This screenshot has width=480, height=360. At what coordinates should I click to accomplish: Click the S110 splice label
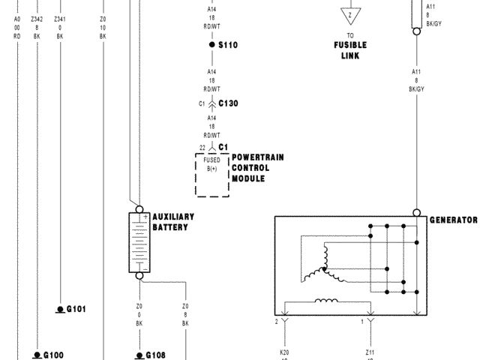pyautogui.click(x=228, y=46)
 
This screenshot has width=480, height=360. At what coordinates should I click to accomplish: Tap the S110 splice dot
pyautogui.click(x=212, y=46)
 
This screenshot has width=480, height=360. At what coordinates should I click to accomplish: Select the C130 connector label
pyautogui.click(x=228, y=103)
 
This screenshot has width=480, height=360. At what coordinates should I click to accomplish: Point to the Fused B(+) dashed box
pyautogui.click(x=212, y=174)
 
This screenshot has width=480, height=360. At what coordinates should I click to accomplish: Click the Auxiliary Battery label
pyautogui.click(x=173, y=221)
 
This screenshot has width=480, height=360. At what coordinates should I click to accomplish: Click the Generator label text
pyautogui.click(x=453, y=220)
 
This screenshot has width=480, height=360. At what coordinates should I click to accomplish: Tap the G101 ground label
pyautogui.click(x=76, y=309)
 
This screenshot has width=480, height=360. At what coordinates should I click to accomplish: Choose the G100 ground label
pyautogui.click(x=53, y=355)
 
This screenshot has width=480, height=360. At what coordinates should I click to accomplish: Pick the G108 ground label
pyautogui.click(x=154, y=355)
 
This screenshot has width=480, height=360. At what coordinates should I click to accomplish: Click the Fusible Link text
pyautogui.click(x=350, y=49)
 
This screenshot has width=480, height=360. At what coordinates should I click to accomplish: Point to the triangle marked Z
pyautogui.click(x=349, y=15)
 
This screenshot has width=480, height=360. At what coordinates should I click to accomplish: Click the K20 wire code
pyautogui.click(x=285, y=351)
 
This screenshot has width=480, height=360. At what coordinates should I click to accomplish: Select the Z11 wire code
pyautogui.click(x=369, y=351)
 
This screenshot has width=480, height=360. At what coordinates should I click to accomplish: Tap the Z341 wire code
pyautogui.click(x=60, y=19)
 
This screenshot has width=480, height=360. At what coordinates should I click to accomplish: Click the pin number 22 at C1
pyautogui.click(x=202, y=148)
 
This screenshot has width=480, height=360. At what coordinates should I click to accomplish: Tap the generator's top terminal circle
pyautogui.click(x=416, y=213)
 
